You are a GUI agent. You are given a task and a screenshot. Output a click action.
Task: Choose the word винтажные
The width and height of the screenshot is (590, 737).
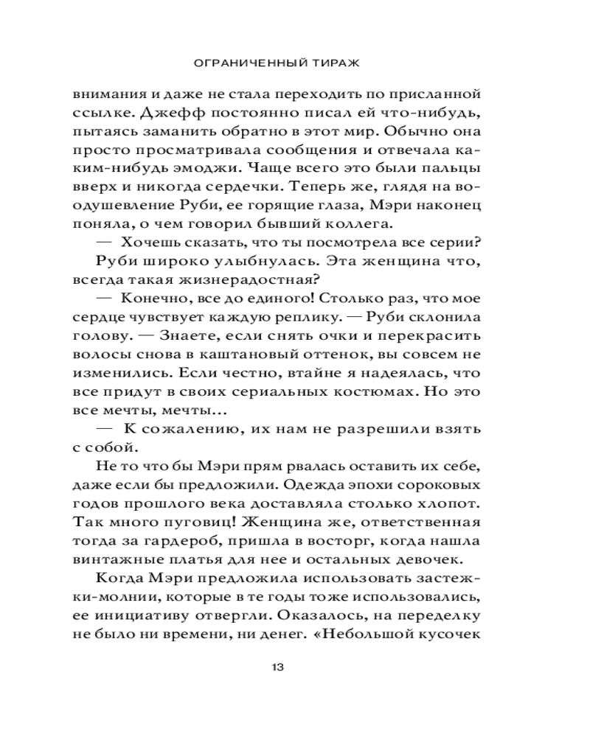pos(126,558)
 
